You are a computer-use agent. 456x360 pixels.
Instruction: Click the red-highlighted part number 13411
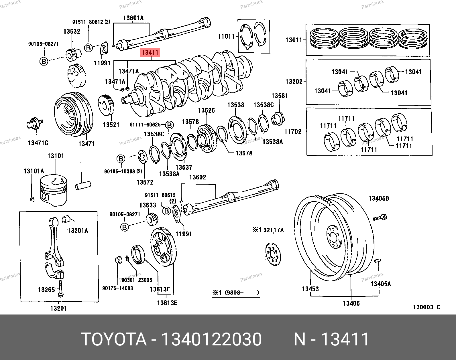click(x=150, y=53)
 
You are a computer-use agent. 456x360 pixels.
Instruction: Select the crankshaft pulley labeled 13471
click(x=73, y=114)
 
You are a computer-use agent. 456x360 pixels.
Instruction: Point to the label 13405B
click(x=379, y=198)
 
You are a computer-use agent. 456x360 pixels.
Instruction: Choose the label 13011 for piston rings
click(x=294, y=40)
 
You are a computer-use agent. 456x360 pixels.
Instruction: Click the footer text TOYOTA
click(x=114, y=339)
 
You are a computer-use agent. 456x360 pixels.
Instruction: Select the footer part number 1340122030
click(x=211, y=339)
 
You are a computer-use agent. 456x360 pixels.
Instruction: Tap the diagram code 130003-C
click(x=426, y=307)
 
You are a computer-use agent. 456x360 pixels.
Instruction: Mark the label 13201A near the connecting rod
click(x=78, y=230)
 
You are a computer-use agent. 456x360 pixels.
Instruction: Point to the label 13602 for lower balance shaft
click(x=197, y=177)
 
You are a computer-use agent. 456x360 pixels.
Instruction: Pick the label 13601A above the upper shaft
click(x=133, y=18)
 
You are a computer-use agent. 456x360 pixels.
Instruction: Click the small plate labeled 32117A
click(x=273, y=254)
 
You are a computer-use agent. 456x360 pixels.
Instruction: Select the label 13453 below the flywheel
click(x=310, y=289)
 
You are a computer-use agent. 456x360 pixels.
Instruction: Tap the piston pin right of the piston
click(x=83, y=185)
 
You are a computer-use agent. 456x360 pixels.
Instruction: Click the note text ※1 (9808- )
click(x=236, y=293)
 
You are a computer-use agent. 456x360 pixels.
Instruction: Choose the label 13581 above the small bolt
click(x=280, y=96)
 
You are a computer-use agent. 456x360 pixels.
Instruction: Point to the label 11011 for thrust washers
click(x=226, y=36)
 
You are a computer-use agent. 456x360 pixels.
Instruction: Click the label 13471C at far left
click(x=38, y=143)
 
